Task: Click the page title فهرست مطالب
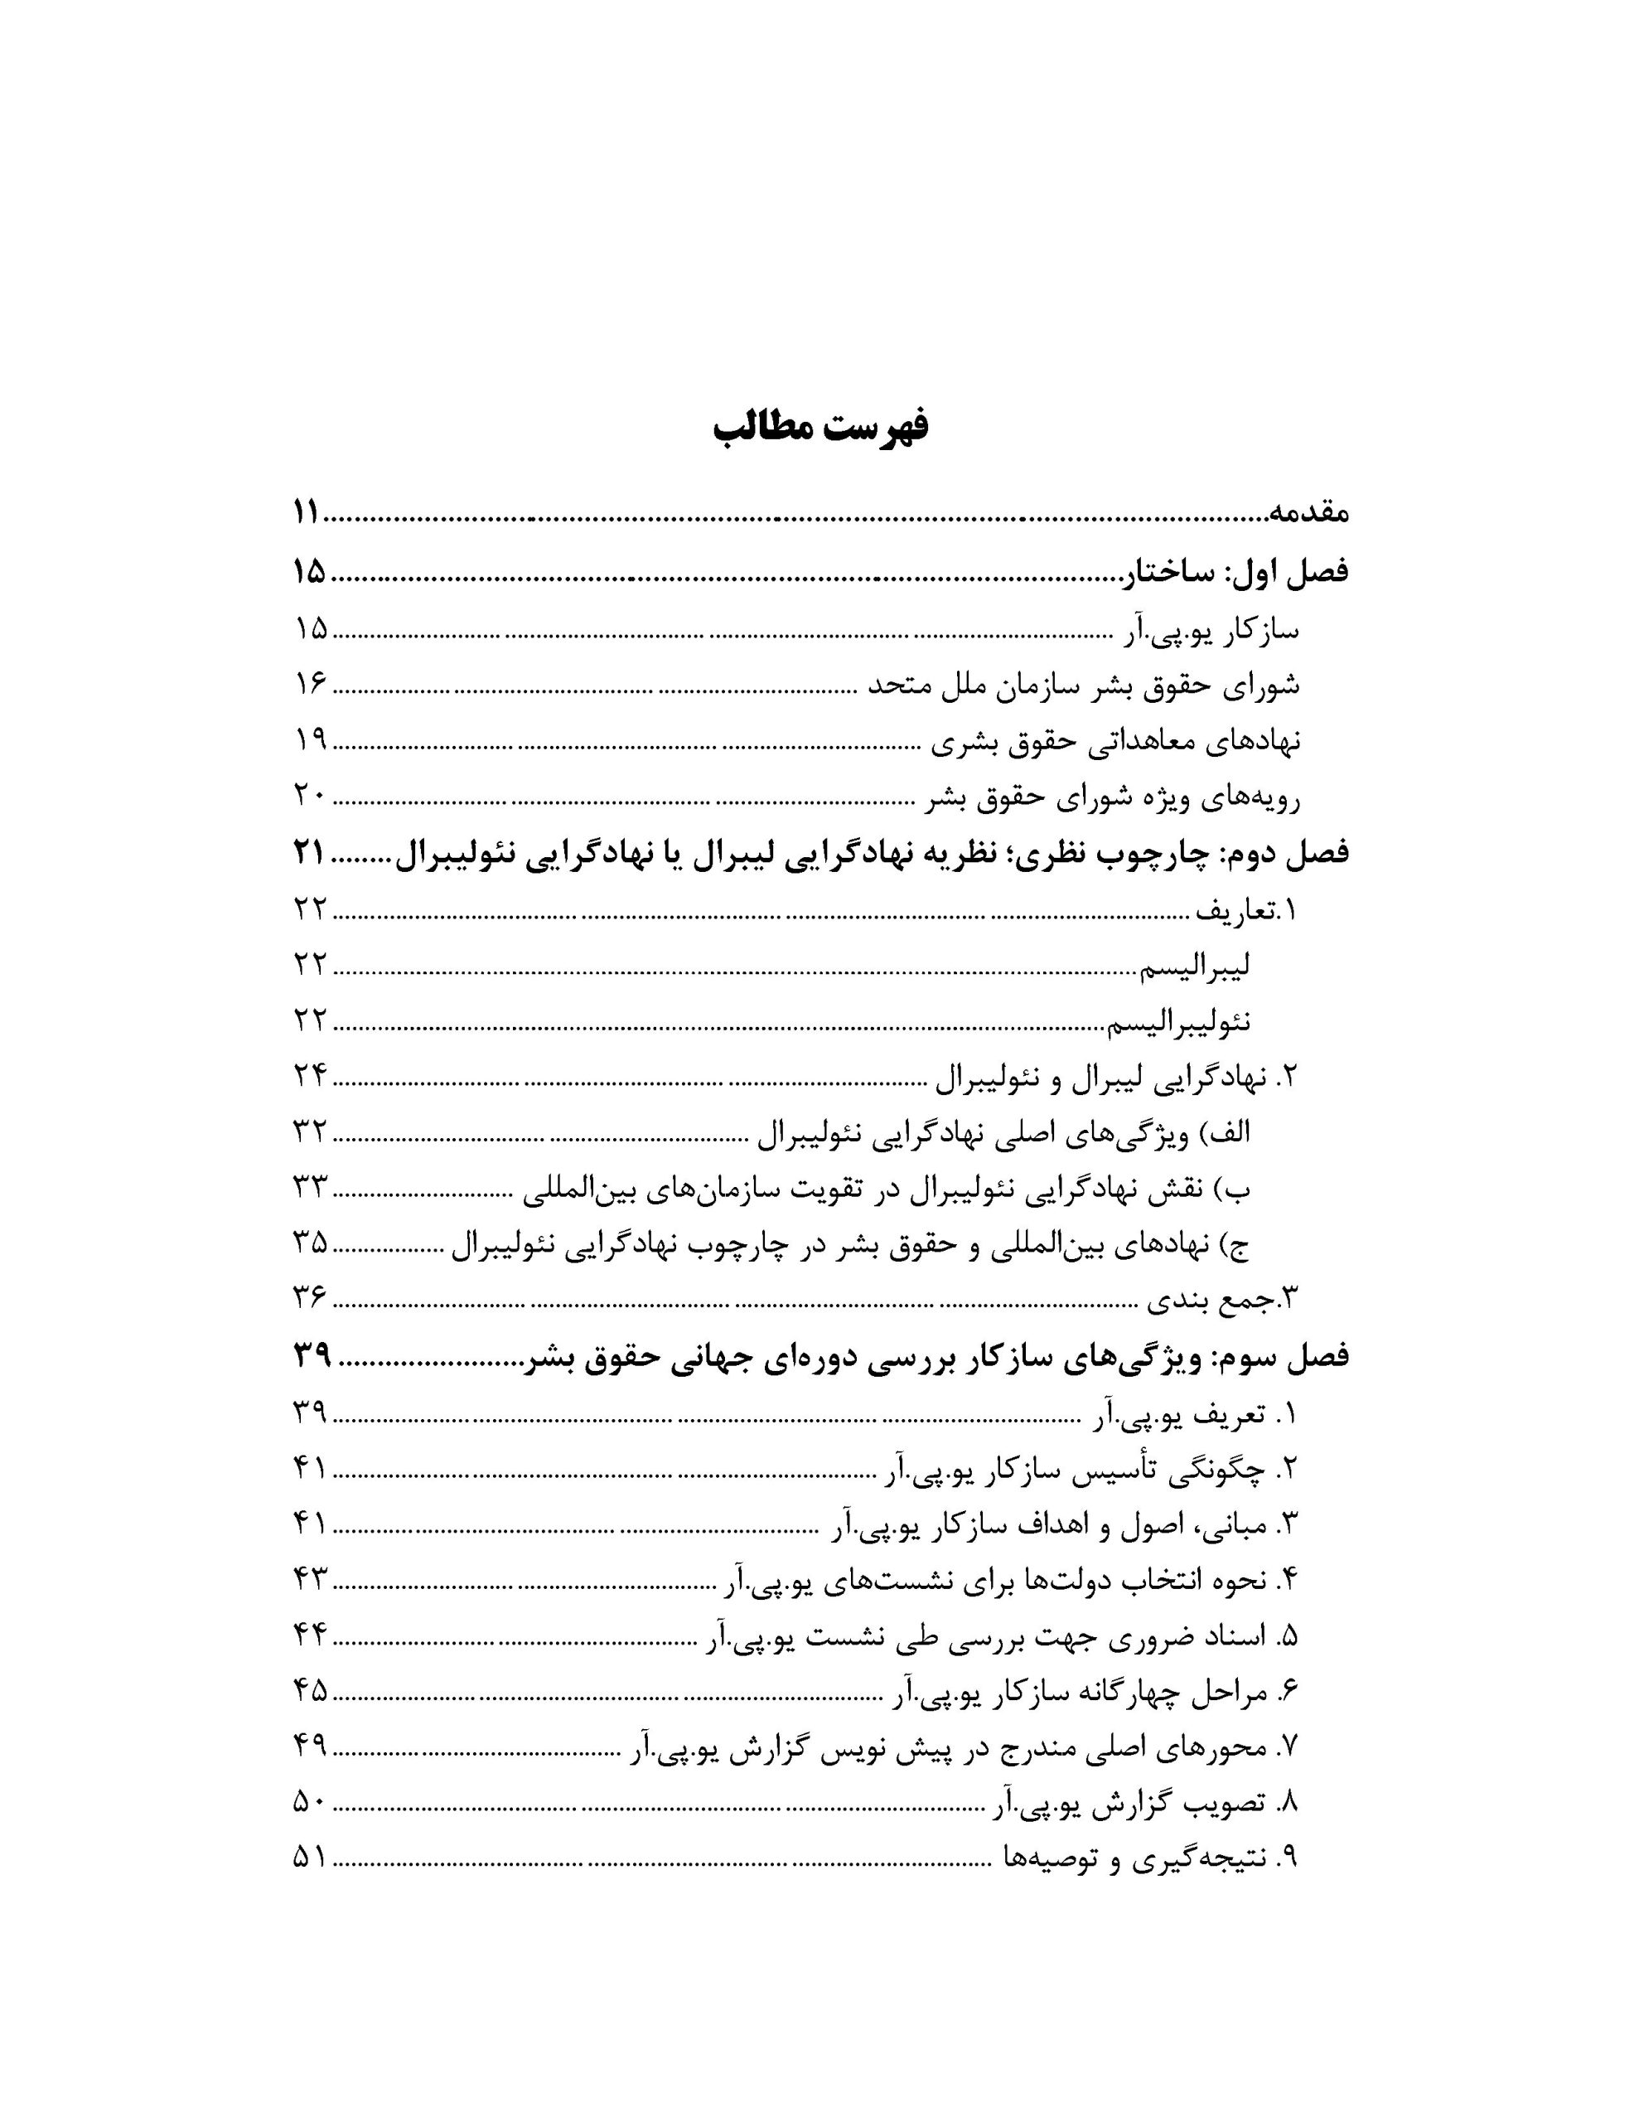tap(820, 429)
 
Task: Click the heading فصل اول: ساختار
tap(1235, 572)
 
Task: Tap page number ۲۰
tap(311, 797)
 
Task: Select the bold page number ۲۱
tap(309, 853)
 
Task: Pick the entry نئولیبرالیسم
tap(1178, 1021)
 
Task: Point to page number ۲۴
tap(311, 1076)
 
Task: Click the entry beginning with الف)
tap(1002, 1132)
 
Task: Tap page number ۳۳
tap(311, 1186)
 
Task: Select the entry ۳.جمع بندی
tap(1223, 1299)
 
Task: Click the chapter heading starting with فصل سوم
tap(936, 1356)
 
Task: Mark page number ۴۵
tap(311, 1693)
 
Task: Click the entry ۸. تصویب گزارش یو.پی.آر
tap(1147, 1805)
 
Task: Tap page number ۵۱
tap(311, 1858)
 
